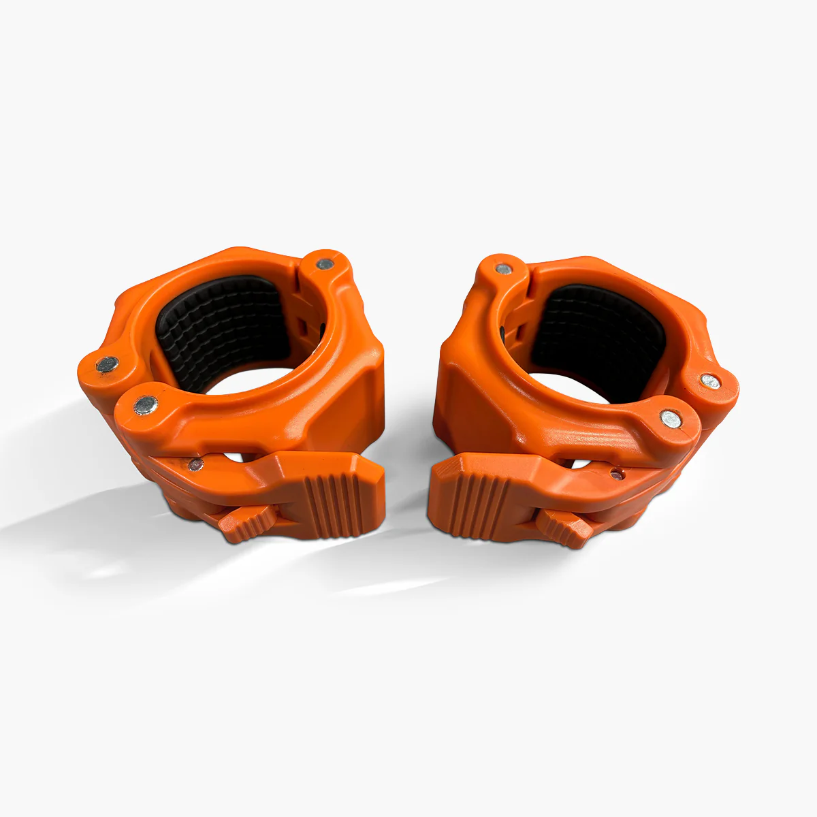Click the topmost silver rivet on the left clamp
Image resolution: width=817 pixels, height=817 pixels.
[325, 262]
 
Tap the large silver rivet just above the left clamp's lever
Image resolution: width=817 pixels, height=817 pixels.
[145, 406]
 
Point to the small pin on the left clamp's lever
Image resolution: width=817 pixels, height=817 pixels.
[195, 465]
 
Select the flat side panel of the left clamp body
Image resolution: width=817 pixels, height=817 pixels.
[354, 402]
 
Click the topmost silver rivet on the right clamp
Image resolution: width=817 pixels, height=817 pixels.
[503, 268]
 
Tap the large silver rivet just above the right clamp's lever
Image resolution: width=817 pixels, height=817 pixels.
[670, 419]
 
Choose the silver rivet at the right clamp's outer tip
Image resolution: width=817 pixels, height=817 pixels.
[709, 382]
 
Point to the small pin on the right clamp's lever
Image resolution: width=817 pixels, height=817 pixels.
[616, 472]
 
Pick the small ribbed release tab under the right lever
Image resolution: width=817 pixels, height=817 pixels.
[564, 527]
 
